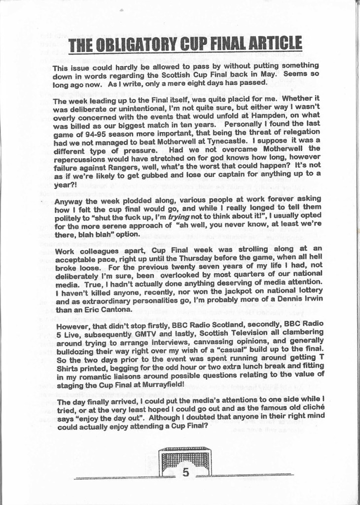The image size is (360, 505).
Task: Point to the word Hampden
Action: click(x=269, y=115)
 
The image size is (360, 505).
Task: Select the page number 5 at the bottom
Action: click(x=185, y=472)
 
